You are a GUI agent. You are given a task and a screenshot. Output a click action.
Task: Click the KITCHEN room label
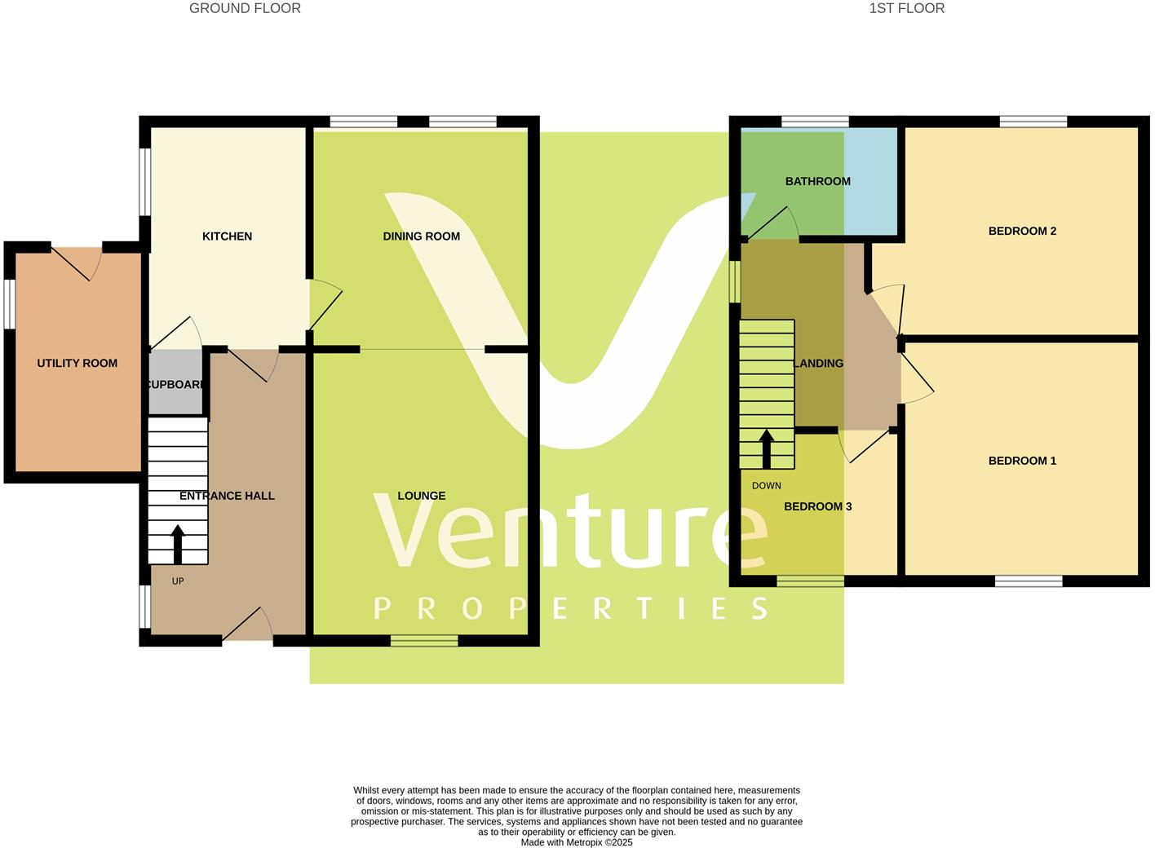coord(227,236)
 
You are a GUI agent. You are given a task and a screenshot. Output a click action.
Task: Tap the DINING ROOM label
coord(421,236)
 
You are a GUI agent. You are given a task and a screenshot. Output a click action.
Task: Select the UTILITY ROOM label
coord(77,364)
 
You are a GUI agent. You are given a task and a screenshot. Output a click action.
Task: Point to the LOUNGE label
coord(422,496)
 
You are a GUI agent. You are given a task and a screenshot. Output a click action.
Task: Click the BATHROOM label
coord(817,181)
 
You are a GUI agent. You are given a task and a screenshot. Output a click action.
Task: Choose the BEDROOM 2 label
coord(1022,231)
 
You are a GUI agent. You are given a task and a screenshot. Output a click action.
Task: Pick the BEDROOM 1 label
coord(1022,461)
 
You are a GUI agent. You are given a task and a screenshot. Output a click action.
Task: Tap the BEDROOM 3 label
coord(817,506)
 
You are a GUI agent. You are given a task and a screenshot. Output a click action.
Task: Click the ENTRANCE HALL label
coord(227,496)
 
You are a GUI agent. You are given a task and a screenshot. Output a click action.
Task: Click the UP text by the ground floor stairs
coord(178,581)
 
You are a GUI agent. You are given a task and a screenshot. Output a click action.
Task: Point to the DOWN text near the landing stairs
coord(766,486)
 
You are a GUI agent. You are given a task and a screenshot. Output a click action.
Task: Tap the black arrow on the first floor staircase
coord(766,448)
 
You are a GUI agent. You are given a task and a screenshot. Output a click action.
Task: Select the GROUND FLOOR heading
coord(245,8)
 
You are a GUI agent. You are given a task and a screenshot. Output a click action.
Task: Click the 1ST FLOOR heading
coord(906,8)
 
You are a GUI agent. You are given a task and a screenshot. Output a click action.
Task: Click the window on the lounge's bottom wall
coord(424,641)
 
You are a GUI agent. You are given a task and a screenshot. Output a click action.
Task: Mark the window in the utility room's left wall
coord(9,304)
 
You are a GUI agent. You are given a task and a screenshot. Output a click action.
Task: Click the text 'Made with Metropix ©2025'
coord(577,842)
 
